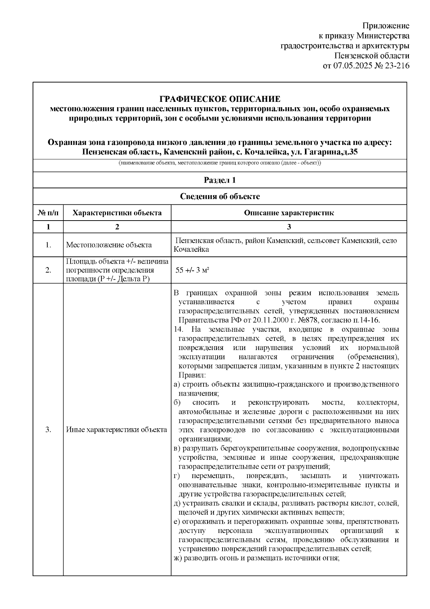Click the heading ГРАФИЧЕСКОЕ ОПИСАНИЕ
click(x=220, y=99)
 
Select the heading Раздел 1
click(x=220, y=180)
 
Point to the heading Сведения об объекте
click(x=220, y=196)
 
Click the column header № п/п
click(x=48, y=213)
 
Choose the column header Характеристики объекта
click(x=117, y=213)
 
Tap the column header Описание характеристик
click(x=289, y=213)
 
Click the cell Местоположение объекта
click(x=109, y=245)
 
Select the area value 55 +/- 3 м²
click(x=192, y=270)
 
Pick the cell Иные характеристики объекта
click(x=116, y=430)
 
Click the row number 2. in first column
click(x=48, y=270)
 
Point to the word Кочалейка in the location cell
click(x=191, y=250)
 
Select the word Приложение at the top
click(x=386, y=26)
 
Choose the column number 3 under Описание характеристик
click(x=289, y=227)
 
